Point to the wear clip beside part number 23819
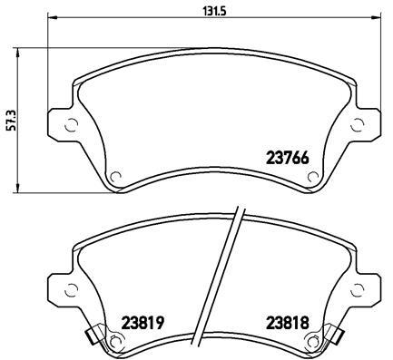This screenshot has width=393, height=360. point(93,339)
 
